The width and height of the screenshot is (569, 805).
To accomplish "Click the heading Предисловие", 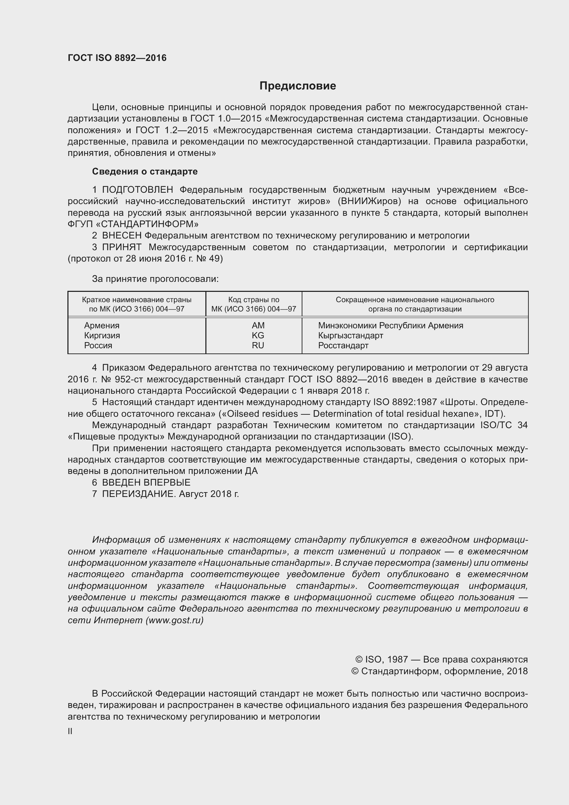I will [298, 86].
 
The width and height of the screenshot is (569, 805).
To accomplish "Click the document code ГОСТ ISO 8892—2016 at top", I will [117, 58].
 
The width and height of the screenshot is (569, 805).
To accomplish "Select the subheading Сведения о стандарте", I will [145, 171].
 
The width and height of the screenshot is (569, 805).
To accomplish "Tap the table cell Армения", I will [101, 325].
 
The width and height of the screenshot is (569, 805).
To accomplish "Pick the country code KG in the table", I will [258, 335].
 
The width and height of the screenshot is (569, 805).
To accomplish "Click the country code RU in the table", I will [258, 345].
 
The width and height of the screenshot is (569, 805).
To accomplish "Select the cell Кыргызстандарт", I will [350, 335].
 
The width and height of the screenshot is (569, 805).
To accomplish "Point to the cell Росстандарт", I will [343, 345].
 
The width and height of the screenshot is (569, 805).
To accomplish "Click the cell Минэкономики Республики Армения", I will [390, 325].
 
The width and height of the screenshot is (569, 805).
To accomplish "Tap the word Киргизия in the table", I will [102, 335].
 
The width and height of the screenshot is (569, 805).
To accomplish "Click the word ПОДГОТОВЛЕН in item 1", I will [137, 190].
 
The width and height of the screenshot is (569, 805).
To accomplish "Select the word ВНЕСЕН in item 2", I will [121, 236].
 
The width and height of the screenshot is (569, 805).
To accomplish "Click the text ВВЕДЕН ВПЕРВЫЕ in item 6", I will [146, 483].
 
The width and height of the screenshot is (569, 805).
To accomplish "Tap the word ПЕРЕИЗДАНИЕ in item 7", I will [138, 494].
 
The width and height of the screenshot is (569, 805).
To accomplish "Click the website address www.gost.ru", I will [174, 620].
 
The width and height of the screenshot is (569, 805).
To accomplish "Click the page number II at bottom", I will [70, 731].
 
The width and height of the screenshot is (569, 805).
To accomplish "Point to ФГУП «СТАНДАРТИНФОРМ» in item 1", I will [133, 224].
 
